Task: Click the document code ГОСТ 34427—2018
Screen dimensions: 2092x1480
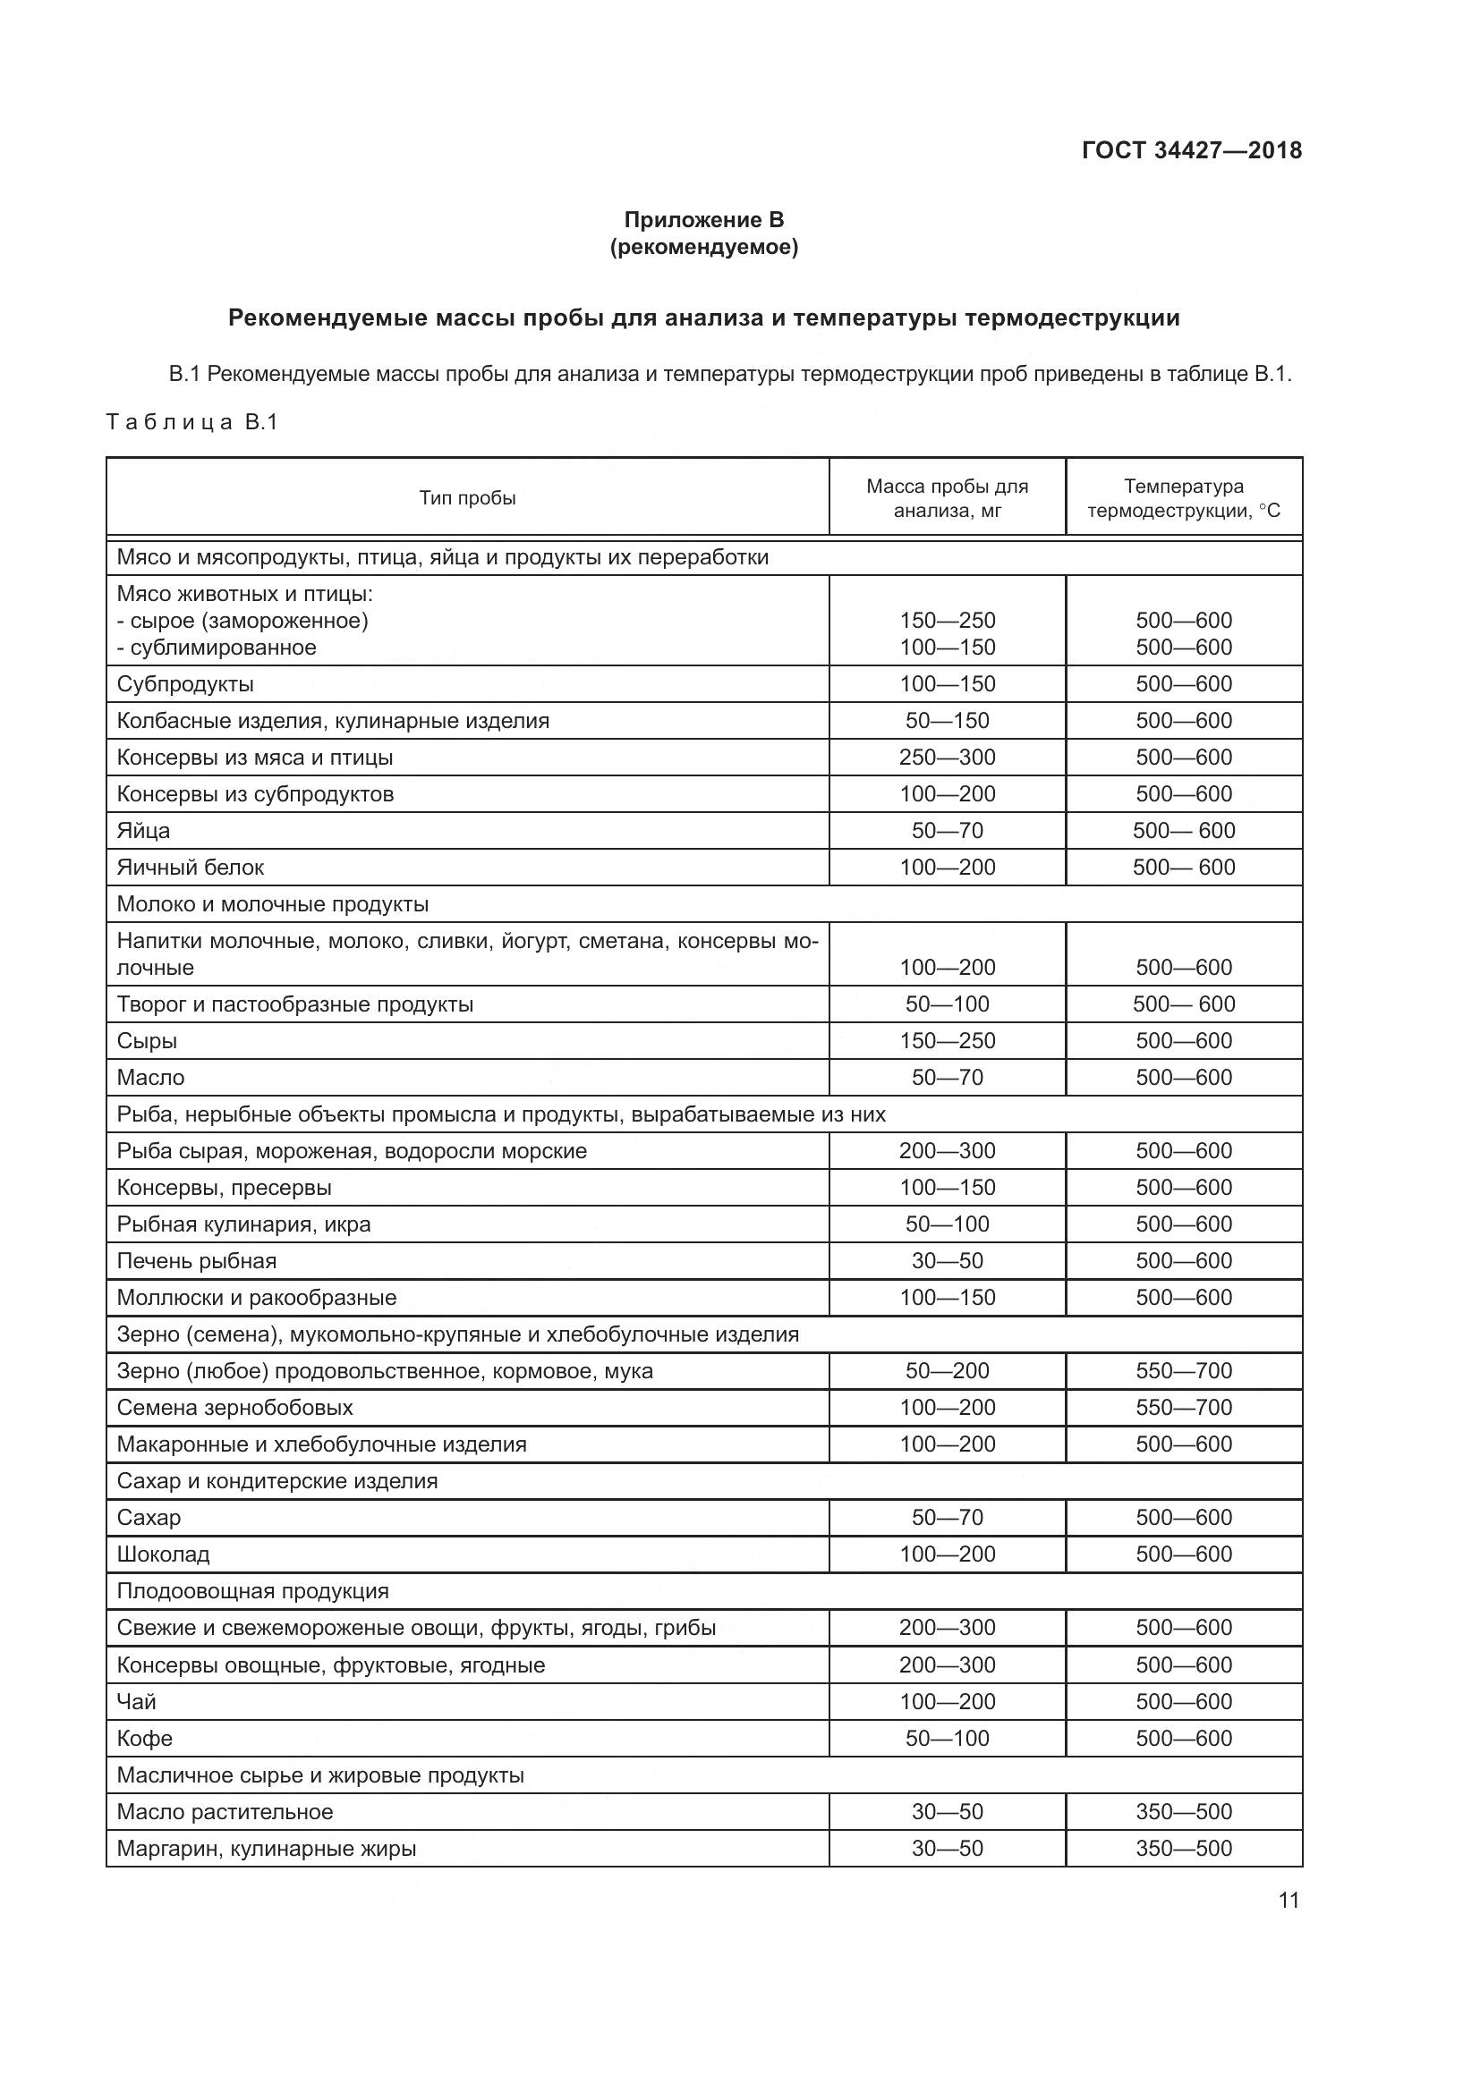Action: point(1191,150)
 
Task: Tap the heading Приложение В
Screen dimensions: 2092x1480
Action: point(703,220)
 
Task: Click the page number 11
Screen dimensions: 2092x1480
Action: point(1288,1900)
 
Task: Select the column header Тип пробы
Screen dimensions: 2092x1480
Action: point(467,498)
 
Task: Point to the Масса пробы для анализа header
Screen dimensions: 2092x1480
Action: point(947,498)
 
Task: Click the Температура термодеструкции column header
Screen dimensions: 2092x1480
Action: point(1183,498)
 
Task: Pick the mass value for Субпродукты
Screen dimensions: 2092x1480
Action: point(947,684)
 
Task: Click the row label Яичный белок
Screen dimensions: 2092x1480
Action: point(191,868)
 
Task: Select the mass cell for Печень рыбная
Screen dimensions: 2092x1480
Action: point(947,1261)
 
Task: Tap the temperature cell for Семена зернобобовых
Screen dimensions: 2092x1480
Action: point(1183,1408)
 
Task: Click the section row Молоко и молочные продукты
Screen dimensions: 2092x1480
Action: point(273,905)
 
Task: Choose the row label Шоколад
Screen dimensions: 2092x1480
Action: point(163,1554)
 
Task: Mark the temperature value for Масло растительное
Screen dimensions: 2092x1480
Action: point(1183,1812)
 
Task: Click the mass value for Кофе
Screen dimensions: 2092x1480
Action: point(947,1739)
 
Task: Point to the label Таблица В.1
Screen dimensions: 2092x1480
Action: point(192,423)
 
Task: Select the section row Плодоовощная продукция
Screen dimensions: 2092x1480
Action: point(252,1592)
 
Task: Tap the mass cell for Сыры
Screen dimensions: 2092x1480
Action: point(947,1041)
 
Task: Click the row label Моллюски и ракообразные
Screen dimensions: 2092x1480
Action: point(256,1298)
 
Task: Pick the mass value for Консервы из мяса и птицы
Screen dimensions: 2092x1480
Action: point(947,758)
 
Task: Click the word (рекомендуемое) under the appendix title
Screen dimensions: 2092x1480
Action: point(703,248)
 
